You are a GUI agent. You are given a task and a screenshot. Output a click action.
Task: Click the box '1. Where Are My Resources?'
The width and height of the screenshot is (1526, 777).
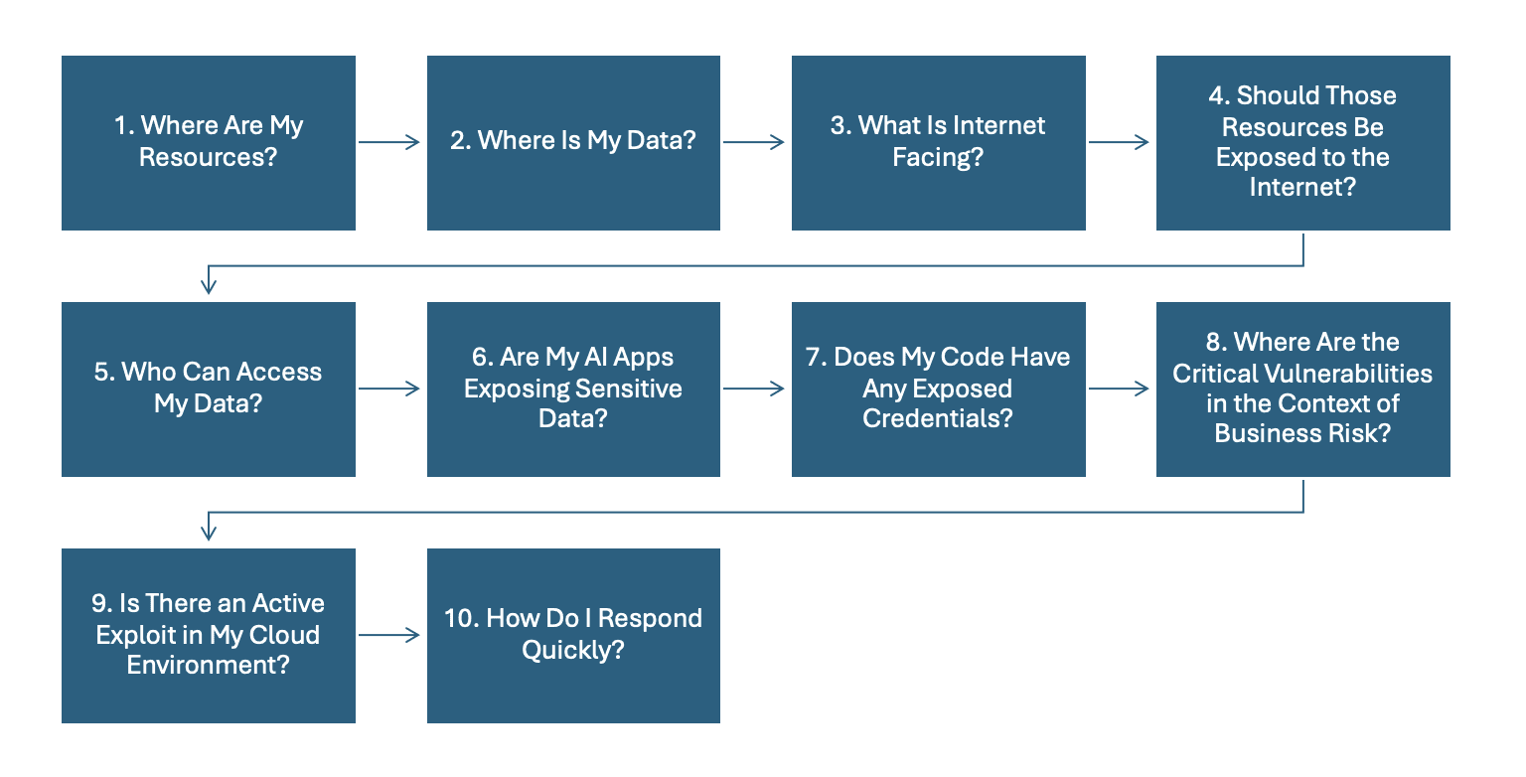(209, 142)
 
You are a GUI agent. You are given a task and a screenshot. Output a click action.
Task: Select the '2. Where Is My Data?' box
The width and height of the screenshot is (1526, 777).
(573, 142)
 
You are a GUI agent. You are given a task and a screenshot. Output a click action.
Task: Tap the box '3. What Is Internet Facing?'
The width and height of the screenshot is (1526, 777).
(938, 142)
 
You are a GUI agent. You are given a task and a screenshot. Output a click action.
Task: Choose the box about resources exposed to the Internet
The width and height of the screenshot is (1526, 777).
(1302, 142)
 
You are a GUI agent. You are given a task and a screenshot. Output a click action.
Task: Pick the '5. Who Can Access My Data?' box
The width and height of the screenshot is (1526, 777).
(209, 388)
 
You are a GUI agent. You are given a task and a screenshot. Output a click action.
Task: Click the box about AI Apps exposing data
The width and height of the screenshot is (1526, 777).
(573, 388)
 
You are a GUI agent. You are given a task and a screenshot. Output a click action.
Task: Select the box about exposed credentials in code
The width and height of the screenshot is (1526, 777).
(938, 388)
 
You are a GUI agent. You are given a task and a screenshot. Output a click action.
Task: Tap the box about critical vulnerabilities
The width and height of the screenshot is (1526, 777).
(1302, 388)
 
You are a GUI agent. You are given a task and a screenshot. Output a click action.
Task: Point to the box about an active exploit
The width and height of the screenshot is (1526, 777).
(209, 635)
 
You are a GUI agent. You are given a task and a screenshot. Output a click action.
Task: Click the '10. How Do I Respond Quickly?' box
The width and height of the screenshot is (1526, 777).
(573, 635)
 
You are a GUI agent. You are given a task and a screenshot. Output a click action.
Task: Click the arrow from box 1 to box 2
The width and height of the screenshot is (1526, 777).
(389, 142)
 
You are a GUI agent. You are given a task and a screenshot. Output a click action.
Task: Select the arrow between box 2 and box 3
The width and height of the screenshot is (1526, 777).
(754, 142)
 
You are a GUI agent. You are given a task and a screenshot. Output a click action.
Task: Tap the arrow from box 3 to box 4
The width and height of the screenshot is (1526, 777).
(1120, 142)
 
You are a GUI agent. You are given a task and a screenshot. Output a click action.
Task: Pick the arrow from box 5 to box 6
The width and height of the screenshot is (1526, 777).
(389, 388)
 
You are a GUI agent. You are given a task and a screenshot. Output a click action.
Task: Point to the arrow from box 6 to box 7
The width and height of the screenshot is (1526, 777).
(754, 388)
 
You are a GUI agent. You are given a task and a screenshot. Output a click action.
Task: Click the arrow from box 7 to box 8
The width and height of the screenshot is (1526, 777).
(1120, 388)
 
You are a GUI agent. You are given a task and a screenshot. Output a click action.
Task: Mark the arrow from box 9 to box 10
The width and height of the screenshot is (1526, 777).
(389, 635)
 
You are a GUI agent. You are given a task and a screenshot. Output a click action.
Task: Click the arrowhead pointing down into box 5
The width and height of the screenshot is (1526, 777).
(209, 286)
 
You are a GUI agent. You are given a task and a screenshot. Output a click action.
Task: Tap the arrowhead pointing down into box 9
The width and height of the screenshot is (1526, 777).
(209, 533)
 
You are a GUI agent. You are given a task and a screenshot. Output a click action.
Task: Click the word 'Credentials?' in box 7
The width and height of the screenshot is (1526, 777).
(938, 418)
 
